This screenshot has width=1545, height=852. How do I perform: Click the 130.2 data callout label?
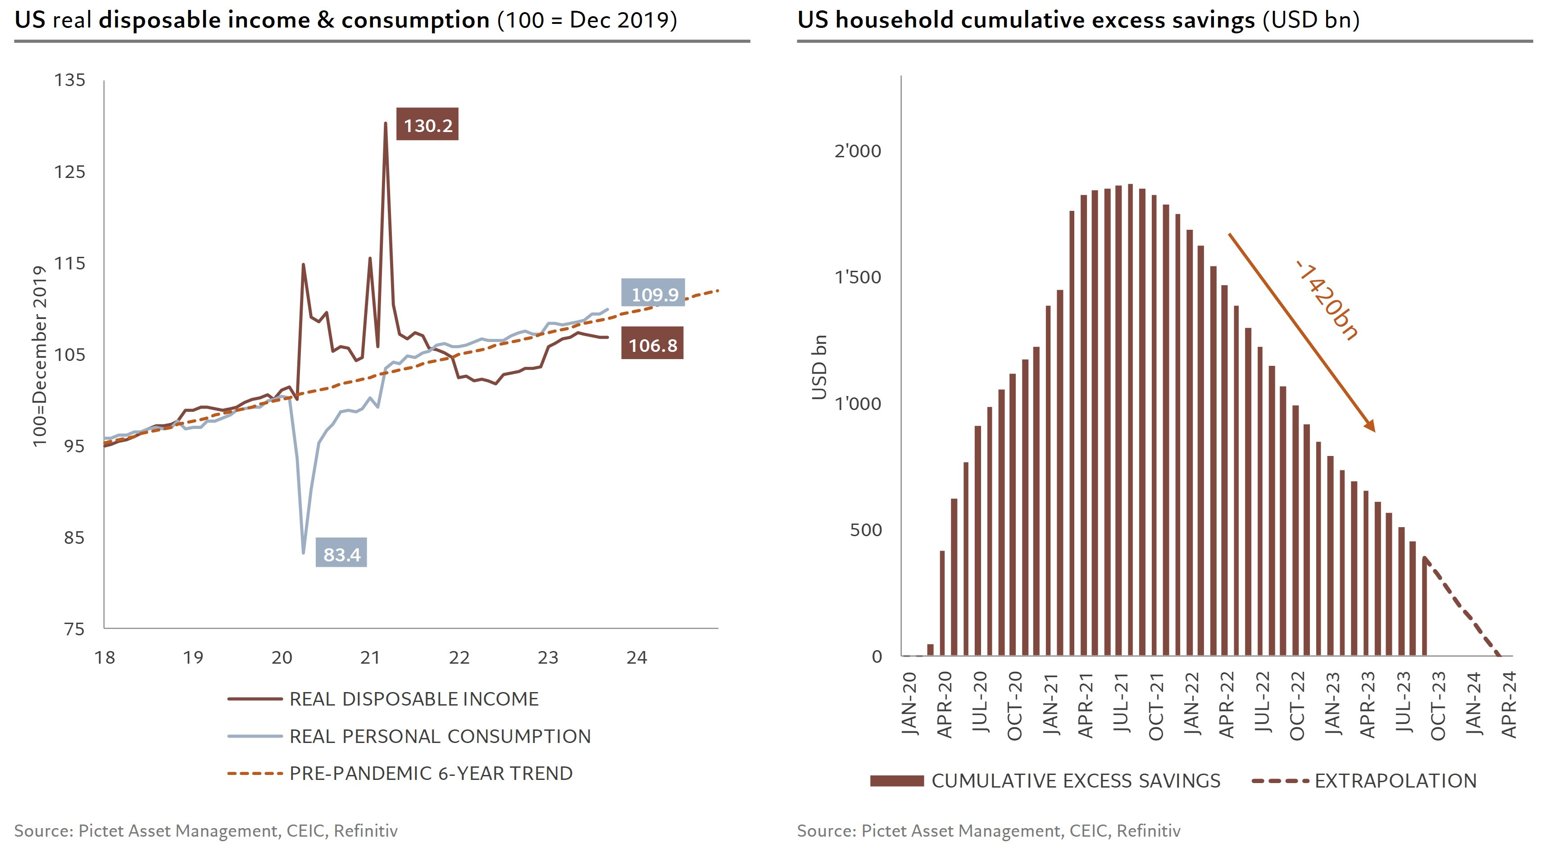click(427, 125)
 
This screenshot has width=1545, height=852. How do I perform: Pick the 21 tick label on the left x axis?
click(370, 658)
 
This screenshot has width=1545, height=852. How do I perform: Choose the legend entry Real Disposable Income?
click(414, 699)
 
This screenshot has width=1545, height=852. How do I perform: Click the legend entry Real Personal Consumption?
click(440, 736)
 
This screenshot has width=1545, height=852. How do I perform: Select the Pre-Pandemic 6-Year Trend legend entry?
click(431, 774)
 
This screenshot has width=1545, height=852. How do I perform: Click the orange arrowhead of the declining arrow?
click(1369, 425)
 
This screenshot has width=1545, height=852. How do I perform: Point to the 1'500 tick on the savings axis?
click(858, 277)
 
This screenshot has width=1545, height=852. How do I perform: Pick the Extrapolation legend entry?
click(1395, 781)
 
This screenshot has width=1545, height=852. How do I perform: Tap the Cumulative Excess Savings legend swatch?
click(897, 781)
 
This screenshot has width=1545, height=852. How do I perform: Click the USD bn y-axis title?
click(819, 367)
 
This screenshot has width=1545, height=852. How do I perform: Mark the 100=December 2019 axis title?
click(40, 356)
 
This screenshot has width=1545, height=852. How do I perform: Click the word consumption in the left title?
click(415, 20)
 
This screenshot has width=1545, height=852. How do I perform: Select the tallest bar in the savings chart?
click(1131, 420)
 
